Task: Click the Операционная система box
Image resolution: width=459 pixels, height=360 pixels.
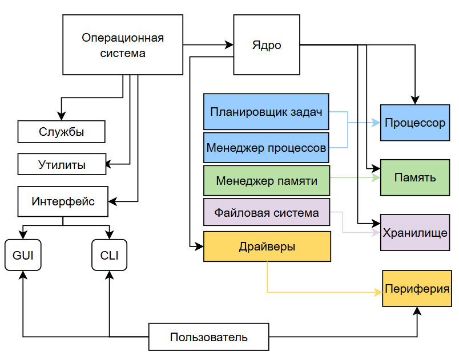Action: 123,45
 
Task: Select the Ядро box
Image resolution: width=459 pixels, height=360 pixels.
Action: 267,45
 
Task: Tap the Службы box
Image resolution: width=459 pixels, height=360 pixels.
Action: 62,132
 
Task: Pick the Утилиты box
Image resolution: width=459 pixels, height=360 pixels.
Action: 62,165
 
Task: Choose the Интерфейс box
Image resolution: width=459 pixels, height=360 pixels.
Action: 63,201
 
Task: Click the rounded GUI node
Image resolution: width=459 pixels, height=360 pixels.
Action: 23,255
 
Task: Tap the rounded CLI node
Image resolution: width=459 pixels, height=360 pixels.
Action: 109,255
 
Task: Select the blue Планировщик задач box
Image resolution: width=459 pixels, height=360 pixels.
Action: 266,112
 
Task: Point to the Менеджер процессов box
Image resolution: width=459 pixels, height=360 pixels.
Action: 266,148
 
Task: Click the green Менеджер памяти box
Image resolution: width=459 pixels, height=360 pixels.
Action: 266,181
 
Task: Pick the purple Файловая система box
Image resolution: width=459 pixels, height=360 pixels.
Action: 267,213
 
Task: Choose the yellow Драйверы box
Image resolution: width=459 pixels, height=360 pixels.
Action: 267,246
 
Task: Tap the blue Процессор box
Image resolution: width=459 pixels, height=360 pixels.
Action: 415,123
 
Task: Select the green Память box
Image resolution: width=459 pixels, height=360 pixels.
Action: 415,177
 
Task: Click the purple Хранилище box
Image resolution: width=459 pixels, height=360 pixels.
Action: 415,233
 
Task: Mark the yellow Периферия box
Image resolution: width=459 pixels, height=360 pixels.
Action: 417,289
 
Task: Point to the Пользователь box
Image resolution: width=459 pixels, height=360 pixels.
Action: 208,337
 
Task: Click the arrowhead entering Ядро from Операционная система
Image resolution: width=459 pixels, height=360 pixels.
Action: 230,44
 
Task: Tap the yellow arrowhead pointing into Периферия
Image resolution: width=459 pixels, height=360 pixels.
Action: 379,292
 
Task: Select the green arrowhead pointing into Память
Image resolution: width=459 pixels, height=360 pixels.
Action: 377,177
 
